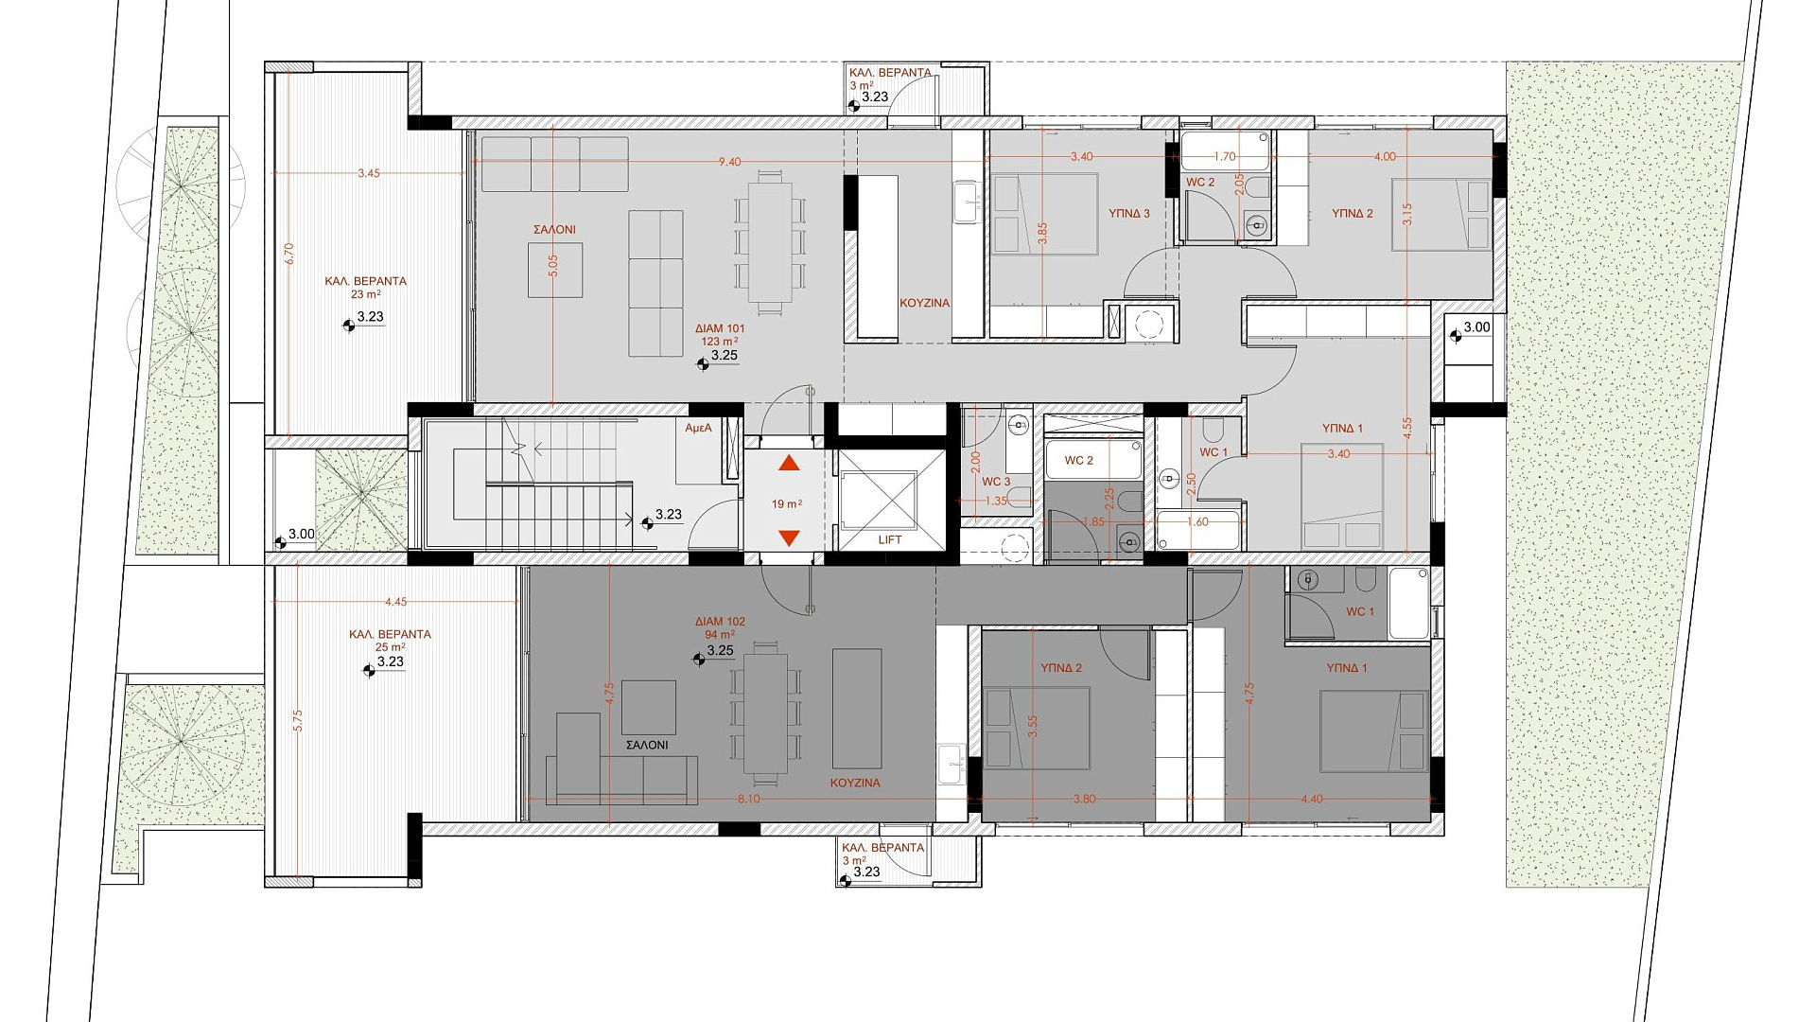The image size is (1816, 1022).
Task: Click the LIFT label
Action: pyautogui.click(x=890, y=539)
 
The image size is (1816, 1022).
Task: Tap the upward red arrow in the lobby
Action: pyautogui.click(x=789, y=463)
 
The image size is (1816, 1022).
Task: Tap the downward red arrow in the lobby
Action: pyautogui.click(x=789, y=537)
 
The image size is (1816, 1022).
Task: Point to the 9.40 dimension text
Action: pyautogui.click(x=729, y=162)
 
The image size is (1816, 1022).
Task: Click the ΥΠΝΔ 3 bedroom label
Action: pyautogui.click(x=1129, y=214)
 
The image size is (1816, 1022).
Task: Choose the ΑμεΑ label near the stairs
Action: pyautogui.click(x=698, y=429)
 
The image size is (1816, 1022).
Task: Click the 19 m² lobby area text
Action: pyautogui.click(x=787, y=504)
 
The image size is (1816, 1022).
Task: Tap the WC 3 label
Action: pyautogui.click(x=996, y=482)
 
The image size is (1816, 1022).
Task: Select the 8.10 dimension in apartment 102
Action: pyautogui.click(x=748, y=799)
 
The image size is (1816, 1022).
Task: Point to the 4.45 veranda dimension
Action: pyautogui.click(x=395, y=602)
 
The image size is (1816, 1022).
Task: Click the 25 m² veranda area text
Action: pyautogui.click(x=390, y=647)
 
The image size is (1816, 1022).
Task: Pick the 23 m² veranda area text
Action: pyautogui.click(x=365, y=294)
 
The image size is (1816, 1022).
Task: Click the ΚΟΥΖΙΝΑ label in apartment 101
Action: pyautogui.click(x=925, y=303)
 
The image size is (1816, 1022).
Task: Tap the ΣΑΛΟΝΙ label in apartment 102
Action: pyautogui.click(x=647, y=745)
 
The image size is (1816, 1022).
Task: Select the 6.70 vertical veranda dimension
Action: pyautogui.click(x=289, y=254)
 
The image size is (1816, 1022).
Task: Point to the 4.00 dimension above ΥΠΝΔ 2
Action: pyautogui.click(x=1385, y=157)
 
